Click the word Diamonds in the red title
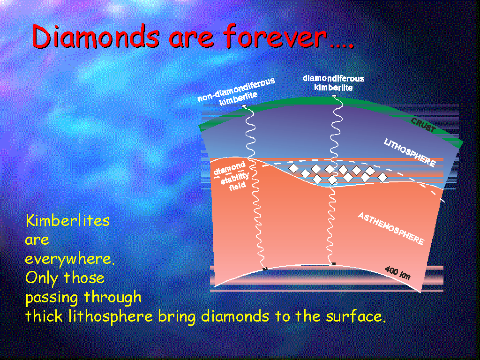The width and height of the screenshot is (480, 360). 96,36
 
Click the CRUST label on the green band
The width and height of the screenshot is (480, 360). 423,125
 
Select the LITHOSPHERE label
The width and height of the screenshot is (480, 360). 410,152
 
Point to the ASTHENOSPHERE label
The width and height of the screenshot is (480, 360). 391,228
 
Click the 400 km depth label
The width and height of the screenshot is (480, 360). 397,272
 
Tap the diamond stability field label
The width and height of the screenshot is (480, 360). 232,176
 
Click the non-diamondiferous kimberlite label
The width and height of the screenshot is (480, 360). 236,91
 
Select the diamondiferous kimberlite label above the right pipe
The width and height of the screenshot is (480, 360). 333,83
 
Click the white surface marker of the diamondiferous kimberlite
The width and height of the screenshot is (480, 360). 334,96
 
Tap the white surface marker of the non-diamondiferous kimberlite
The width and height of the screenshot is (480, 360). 244,106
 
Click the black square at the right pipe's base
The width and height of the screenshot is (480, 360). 334,264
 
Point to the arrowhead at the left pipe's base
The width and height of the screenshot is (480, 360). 265,269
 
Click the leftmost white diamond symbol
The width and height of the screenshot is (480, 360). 294,168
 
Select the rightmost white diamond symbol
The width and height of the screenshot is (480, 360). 382,177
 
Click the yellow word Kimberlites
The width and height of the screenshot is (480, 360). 67,220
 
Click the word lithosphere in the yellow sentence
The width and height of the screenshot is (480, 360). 110,316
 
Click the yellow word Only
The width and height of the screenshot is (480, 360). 42,278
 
